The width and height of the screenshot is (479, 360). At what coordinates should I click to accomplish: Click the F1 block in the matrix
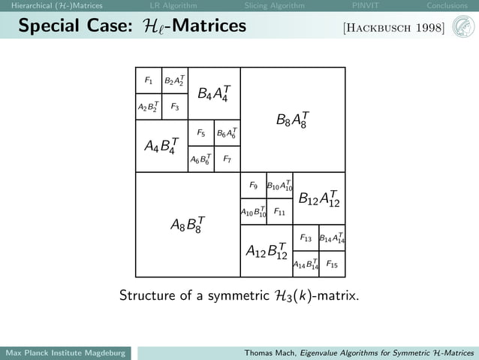(x=149, y=80)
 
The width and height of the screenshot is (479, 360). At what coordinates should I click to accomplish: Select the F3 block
(x=174, y=107)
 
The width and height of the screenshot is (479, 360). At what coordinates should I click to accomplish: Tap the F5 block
(x=200, y=133)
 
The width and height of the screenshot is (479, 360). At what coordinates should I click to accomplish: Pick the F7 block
(x=227, y=159)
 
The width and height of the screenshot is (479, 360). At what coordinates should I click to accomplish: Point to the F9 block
(x=253, y=186)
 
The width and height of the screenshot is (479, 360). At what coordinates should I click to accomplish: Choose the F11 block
(x=279, y=212)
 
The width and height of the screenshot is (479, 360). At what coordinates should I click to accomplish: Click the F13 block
(x=306, y=238)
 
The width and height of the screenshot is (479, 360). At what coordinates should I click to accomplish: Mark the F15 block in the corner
(x=332, y=265)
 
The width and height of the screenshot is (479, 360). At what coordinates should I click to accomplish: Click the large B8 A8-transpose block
(x=292, y=119)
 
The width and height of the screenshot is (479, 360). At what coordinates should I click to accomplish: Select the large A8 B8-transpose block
(x=187, y=225)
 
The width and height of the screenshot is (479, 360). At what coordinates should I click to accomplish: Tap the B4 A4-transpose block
(x=213, y=94)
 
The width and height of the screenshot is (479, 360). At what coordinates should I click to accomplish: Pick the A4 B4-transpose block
(x=161, y=146)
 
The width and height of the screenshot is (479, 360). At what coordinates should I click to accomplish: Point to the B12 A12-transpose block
(x=318, y=198)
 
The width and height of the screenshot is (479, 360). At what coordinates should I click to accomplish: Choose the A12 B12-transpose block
(x=267, y=251)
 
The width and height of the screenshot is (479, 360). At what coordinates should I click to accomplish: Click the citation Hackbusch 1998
(x=393, y=29)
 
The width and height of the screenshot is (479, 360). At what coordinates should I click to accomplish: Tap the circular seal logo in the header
(x=463, y=28)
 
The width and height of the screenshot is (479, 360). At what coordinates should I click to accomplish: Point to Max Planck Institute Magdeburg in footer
(x=65, y=353)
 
